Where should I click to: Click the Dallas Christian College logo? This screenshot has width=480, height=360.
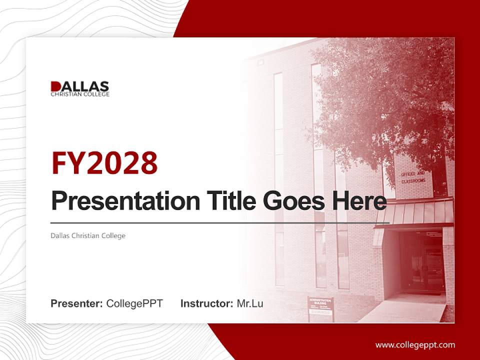pyautogui.click(x=80, y=88)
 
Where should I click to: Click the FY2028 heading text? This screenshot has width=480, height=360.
pyautogui.click(x=104, y=163)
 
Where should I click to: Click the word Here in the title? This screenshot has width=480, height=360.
pyautogui.click(x=359, y=201)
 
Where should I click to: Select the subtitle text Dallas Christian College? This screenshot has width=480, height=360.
pyautogui.click(x=88, y=235)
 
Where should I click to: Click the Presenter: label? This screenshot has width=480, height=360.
pyautogui.click(x=76, y=303)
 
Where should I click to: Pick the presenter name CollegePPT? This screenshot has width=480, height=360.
pyautogui.click(x=134, y=303)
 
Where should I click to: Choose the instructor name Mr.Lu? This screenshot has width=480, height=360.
pyautogui.click(x=250, y=303)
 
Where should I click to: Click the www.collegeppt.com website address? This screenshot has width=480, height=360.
pyautogui.click(x=415, y=344)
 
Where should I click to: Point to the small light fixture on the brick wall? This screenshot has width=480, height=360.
pyautogui.click(x=260, y=61)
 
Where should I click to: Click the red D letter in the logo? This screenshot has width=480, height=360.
pyautogui.click(x=56, y=86)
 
